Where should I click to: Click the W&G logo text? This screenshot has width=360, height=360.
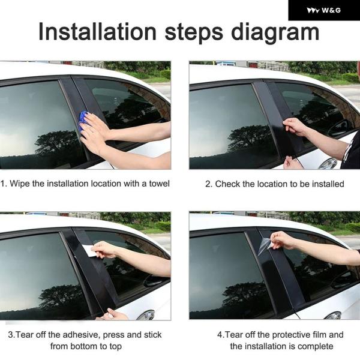(x=331, y=10)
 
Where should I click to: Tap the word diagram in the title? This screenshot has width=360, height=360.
(x=275, y=34)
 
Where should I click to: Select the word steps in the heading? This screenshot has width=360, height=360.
(x=194, y=33)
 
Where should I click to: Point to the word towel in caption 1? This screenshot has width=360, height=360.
(x=160, y=184)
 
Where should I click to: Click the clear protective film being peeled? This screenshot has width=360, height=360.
(x=265, y=246)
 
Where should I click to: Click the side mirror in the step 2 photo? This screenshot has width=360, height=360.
(x=329, y=163)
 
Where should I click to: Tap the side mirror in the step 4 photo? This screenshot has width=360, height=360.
(x=334, y=316)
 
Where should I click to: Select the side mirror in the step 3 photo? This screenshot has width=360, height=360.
(x=146, y=315)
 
